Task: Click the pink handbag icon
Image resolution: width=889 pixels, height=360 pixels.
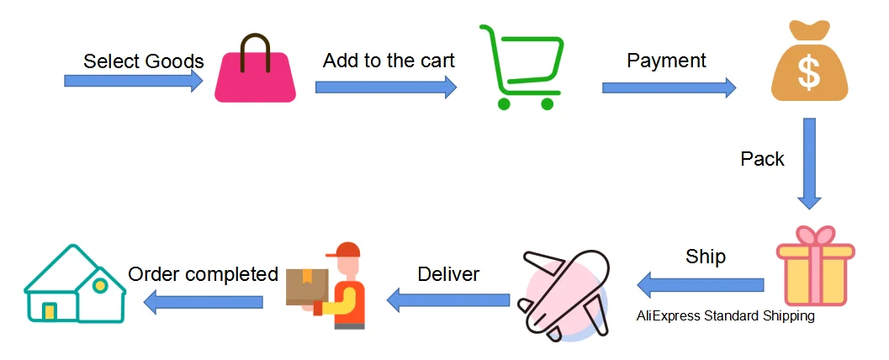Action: coord(255,76)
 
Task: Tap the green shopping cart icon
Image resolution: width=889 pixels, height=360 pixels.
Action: coord(521,67)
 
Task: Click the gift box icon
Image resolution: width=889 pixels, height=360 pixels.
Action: coord(815,271)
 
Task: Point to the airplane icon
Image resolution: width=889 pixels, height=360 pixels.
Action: coord(562,294)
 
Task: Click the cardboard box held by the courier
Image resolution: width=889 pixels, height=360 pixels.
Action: coord(306,286)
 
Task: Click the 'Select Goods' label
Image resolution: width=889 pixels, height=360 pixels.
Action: coord(144,61)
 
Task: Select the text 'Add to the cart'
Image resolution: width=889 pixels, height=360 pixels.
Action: coord(389,61)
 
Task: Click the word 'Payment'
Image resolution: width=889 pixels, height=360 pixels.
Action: coord(667,61)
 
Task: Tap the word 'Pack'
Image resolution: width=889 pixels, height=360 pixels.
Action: coord(762,159)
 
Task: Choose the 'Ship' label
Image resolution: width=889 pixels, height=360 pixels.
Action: coord(705,257)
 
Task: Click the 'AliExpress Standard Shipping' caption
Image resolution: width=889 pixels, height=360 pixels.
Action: coord(726,316)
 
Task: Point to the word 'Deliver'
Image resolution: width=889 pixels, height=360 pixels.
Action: coord(448,274)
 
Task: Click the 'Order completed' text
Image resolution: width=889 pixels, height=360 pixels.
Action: coord(203,274)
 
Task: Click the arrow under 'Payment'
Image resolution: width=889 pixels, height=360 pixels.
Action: coord(669,87)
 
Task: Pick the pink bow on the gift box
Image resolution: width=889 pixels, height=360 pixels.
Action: coord(816,236)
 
